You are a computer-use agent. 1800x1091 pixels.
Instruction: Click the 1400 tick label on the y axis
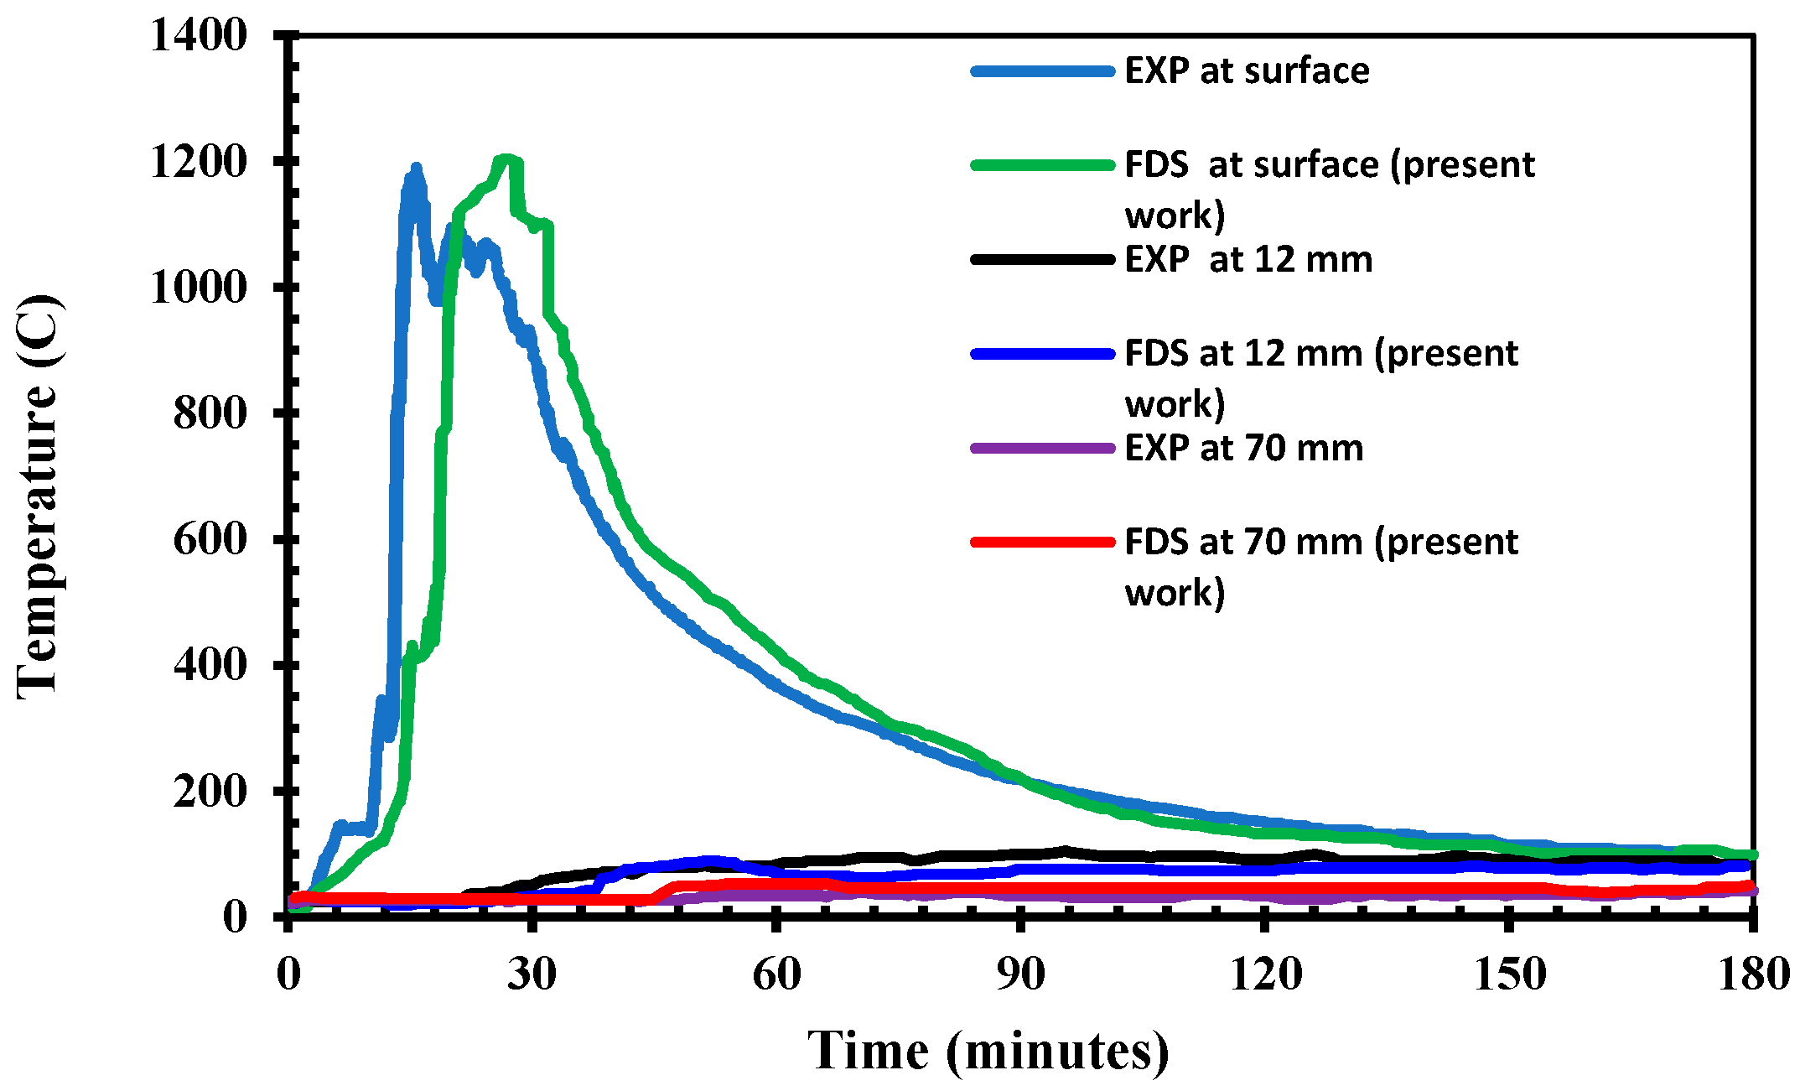[x=199, y=35]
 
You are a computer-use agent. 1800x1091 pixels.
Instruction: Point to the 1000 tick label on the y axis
[x=199, y=288]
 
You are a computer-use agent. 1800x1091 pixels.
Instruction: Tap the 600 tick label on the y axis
[x=210, y=539]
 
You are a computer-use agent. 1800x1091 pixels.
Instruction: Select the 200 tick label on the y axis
[x=210, y=791]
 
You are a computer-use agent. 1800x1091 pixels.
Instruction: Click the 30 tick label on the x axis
[x=532, y=974]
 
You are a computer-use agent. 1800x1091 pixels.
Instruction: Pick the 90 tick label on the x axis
[x=1020, y=974]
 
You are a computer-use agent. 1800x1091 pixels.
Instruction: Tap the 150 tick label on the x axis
[x=1509, y=974]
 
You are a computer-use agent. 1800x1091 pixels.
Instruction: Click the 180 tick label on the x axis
[x=1753, y=974]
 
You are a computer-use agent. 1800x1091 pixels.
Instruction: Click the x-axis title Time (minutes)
[x=988, y=1051]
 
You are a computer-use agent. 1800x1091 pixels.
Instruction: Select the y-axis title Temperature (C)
[x=39, y=496]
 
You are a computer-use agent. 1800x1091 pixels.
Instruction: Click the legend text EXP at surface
[x=1246, y=70]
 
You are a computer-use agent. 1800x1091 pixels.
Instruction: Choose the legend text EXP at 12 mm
[x=1248, y=259]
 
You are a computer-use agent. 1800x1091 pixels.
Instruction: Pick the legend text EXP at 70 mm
[x=1243, y=448]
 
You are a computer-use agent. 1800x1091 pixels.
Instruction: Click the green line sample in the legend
[x=1042, y=165]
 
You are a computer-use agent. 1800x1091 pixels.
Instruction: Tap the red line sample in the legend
[x=1042, y=543]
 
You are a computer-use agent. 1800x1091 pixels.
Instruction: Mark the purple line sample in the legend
[x=1042, y=449]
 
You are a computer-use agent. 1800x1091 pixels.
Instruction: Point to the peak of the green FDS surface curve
[x=506, y=159]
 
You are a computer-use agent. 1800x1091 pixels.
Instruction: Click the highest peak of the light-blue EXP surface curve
[x=415, y=168]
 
